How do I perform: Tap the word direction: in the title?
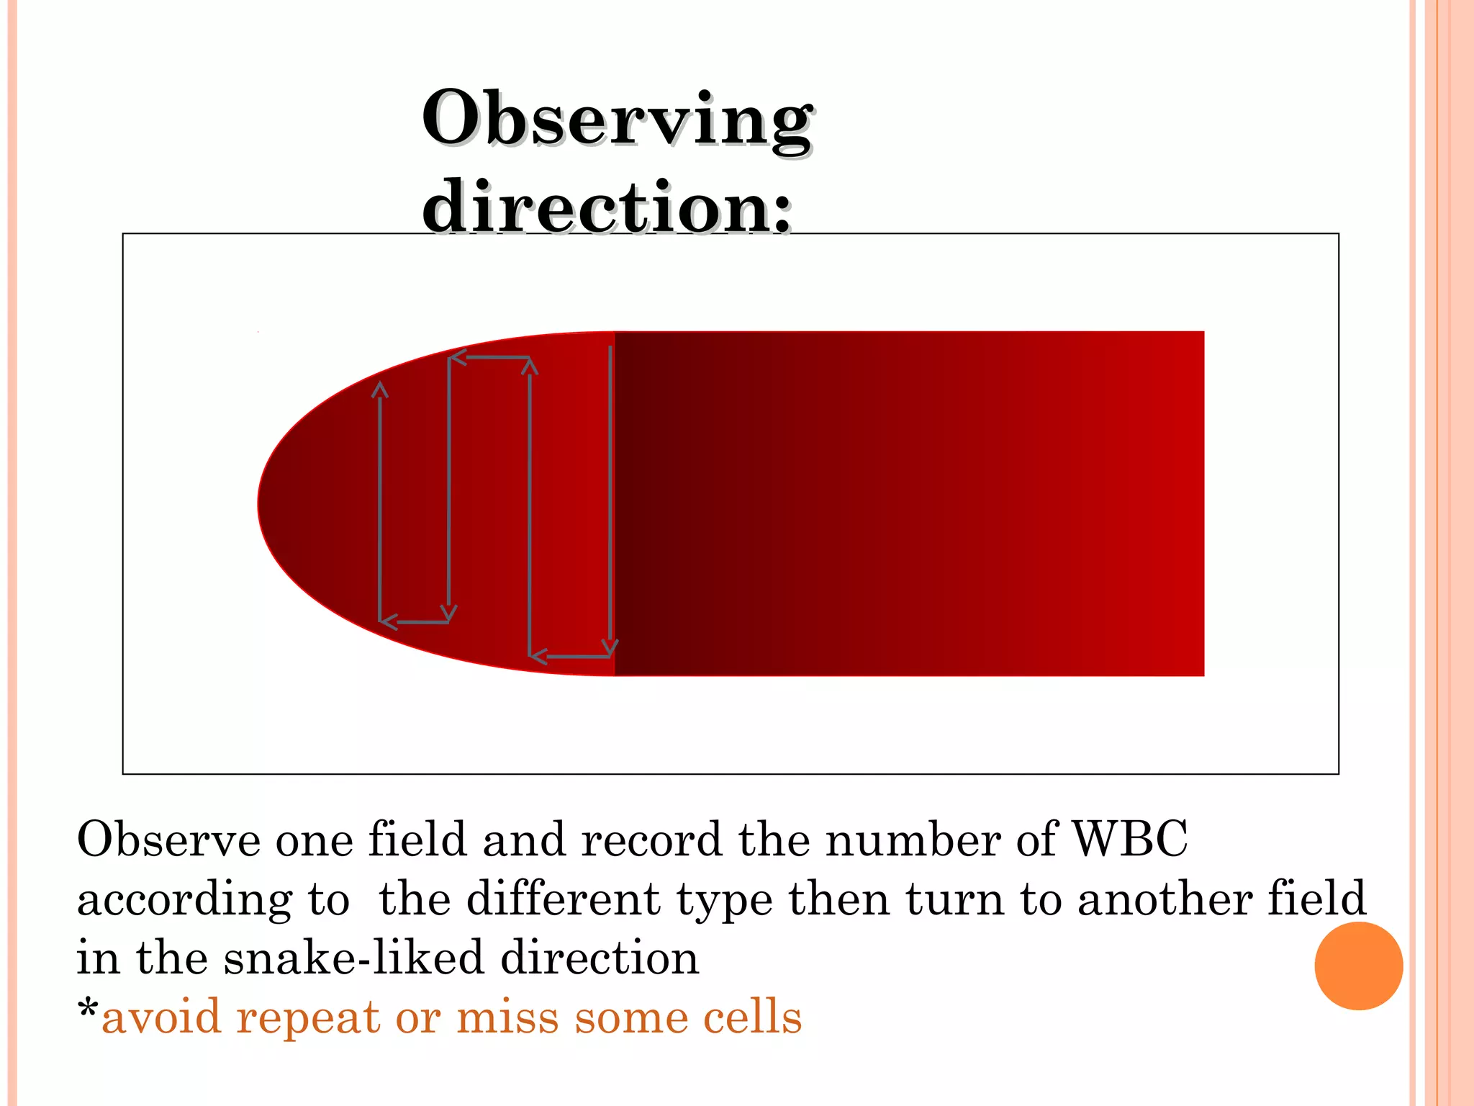(607, 208)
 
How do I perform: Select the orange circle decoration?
(1358, 966)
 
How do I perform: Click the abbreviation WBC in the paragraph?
(1129, 840)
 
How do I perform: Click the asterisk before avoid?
(88, 1010)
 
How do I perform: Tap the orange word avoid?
(161, 1017)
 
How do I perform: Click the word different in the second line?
(563, 899)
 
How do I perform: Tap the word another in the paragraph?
(1165, 899)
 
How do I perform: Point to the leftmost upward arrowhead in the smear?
(380, 391)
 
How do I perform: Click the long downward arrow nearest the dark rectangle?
(610, 497)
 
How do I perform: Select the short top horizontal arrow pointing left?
(489, 357)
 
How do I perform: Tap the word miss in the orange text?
(507, 1017)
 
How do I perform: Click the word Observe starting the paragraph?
(168, 840)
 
